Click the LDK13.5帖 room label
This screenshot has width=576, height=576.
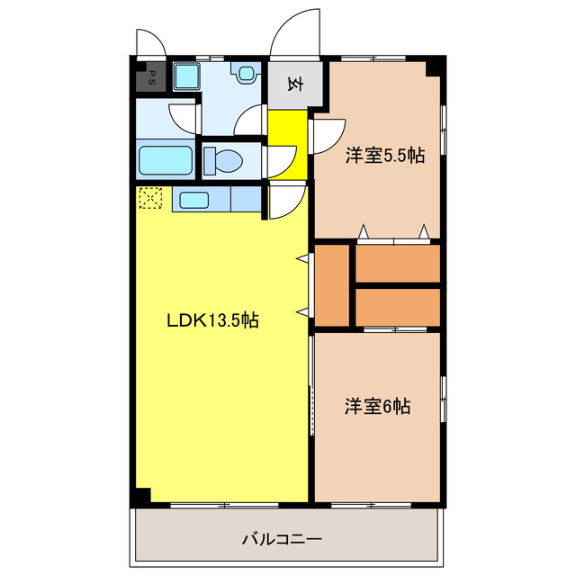coord(213,319)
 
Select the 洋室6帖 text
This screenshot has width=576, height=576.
coord(377,406)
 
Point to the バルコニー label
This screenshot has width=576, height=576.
coord(282,540)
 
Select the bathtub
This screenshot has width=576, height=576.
coord(166,162)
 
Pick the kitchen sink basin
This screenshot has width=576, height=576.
coord(195,200)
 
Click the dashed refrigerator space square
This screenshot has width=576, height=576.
coord(150,198)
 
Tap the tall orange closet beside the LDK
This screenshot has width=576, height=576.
coord(332,285)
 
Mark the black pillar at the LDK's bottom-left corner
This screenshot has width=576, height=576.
coord(140,496)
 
